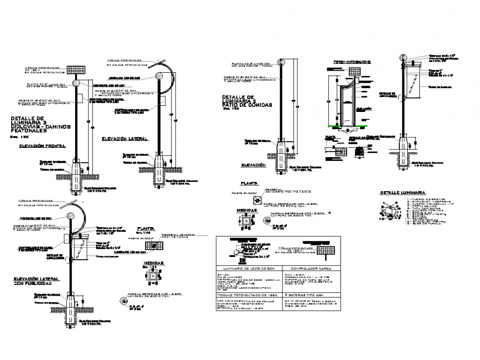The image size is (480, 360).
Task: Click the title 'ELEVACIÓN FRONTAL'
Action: coord(42,146)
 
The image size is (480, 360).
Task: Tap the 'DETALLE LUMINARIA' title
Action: coord(399,192)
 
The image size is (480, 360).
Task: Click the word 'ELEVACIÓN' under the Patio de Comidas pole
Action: coord(253,165)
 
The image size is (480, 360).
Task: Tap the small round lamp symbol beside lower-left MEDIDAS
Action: coord(124,300)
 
